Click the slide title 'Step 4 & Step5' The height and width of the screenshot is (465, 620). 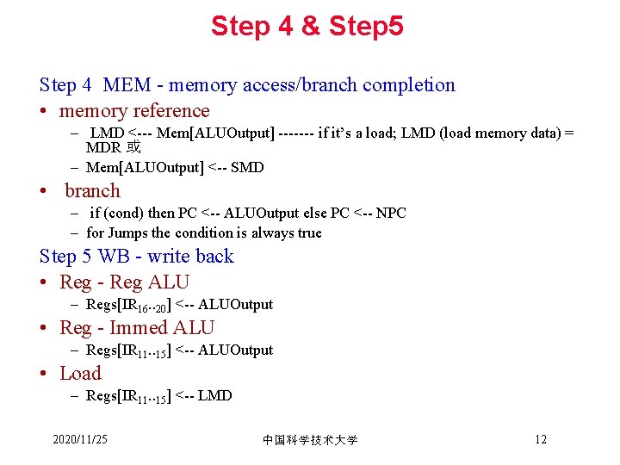tap(307, 26)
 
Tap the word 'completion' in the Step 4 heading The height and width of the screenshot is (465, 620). tap(409, 85)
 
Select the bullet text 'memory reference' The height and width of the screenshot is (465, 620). tap(134, 111)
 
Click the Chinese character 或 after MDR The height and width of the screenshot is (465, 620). tap(134, 148)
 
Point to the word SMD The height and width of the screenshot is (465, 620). tap(248, 167)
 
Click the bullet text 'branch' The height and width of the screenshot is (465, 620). tap(92, 191)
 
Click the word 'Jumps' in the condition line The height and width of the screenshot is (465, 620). tap(127, 232)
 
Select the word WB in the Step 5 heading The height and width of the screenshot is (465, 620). tap(114, 257)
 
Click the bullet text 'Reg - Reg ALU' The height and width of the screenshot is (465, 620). tap(125, 282)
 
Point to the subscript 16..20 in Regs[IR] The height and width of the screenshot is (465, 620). tap(152, 307)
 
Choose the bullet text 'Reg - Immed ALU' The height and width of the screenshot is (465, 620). tap(137, 328)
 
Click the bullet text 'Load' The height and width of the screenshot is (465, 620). tap(80, 374)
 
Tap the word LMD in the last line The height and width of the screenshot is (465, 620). tap(214, 395)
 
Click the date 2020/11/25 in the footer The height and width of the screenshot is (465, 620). tap(80, 440)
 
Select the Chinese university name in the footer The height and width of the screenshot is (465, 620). tap(310, 440)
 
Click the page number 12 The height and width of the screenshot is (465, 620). tap(540, 440)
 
